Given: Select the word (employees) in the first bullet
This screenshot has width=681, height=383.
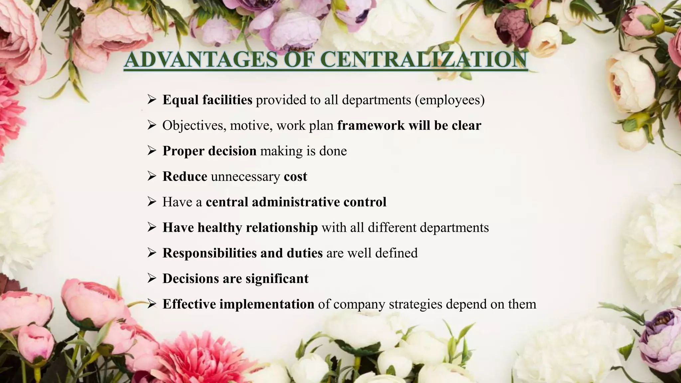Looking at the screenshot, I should point(450,100).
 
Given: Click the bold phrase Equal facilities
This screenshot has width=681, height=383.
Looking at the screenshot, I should point(207,100).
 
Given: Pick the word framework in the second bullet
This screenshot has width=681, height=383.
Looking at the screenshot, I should point(371,125).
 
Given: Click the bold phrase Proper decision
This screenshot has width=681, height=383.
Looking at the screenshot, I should point(209,151).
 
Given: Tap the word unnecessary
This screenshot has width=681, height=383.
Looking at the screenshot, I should point(245,177).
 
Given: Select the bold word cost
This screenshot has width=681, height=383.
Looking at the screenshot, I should point(295,177).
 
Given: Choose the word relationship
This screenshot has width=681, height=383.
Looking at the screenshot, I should point(282,228).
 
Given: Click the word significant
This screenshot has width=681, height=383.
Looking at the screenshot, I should point(277,279).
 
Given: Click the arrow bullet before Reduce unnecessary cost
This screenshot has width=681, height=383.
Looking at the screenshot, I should point(152,177).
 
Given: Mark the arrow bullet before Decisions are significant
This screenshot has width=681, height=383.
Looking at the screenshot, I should point(152,279).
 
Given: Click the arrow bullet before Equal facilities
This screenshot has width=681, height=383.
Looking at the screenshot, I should point(152,100).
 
